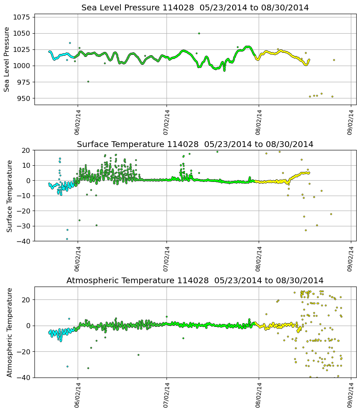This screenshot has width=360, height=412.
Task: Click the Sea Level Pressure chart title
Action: coord(195,8)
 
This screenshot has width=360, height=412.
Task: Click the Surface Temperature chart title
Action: coord(195,145)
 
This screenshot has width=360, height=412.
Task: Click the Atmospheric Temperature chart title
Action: coord(195,281)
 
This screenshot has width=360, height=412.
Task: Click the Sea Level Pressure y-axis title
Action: coord(7,59)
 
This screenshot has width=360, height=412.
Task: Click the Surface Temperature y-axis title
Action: coord(10,196)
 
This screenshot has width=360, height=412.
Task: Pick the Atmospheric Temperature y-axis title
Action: coord(10,332)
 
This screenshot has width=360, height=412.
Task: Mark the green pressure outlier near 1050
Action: coord(199,33)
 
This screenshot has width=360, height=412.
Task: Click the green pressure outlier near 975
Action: coord(88,81)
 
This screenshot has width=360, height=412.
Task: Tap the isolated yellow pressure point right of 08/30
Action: coord(334,60)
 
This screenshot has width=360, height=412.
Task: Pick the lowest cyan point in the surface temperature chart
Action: coord(67,239)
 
